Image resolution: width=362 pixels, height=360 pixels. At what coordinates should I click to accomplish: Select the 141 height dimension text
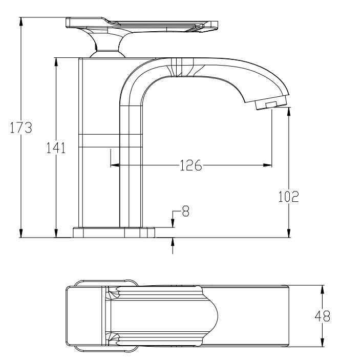(55, 148)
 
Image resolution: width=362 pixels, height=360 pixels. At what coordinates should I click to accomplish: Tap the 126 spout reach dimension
(190, 165)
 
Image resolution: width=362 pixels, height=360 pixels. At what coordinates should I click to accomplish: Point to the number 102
(288, 197)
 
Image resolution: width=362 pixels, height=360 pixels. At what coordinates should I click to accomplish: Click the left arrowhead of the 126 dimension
(114, 165)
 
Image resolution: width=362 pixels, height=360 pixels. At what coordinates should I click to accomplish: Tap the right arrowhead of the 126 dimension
(268, 165)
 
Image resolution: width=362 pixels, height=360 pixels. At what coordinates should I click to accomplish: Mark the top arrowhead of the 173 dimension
(20, 21)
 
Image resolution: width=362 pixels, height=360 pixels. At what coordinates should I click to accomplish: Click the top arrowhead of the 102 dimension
(289, 111)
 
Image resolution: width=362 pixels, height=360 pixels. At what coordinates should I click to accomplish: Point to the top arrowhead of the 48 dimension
(322, 288)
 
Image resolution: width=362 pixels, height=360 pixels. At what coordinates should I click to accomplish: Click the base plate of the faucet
(114, 232)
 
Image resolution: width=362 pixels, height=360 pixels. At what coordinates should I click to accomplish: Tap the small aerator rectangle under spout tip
(268, 105)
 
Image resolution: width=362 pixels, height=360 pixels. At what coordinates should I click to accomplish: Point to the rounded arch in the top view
(212, 315)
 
